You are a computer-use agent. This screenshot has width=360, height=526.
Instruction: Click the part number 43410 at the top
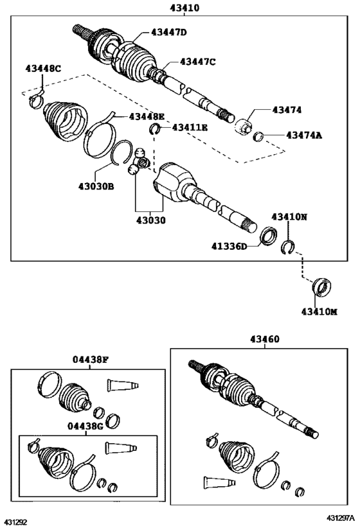point(184,7)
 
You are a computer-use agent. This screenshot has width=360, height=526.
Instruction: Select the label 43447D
point(168,32)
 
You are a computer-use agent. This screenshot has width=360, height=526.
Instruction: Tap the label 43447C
point(198,62)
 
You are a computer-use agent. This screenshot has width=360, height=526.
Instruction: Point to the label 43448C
point(43,69)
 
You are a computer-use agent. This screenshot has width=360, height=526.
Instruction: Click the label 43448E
point(147,116)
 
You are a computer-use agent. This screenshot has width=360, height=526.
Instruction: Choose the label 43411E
point(190,127)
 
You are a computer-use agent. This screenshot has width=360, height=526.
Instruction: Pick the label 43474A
point(304,135)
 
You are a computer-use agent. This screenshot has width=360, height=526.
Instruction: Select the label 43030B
point(96,186)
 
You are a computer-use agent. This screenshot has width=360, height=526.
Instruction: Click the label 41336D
point(229,247)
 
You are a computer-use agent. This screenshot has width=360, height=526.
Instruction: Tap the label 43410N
point(289,216)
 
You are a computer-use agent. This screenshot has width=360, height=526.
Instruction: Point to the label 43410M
point(319,311)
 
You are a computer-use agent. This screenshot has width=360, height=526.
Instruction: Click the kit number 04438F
point(91,360)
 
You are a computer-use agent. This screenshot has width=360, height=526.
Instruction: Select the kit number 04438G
point(85,426)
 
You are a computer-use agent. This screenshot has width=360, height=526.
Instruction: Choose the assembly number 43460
point(265,339)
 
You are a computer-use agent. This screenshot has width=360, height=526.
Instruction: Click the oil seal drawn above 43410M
point(321,287)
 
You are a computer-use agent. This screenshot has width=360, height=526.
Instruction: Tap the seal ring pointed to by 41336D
point(269,236)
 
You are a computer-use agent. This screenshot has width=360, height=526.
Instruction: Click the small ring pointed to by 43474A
point(258,136)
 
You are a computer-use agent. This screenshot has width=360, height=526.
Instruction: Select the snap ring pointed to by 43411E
point(154,128)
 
